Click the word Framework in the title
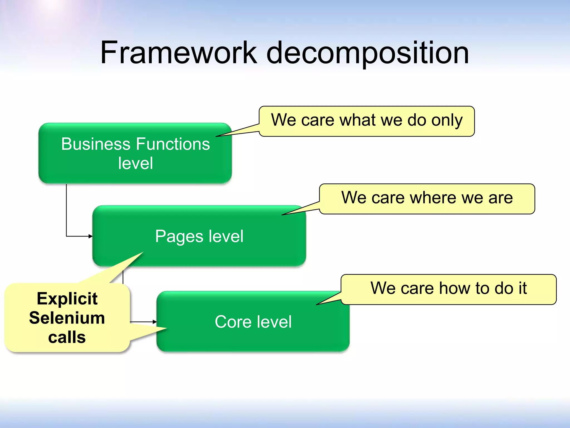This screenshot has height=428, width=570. pyautogui.click(x=178, y=53)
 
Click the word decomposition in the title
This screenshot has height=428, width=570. pyautogui.click(x=368, y=53)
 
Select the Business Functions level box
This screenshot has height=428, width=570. pyautogui.click(x=135, y=153)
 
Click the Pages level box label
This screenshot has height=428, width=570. pyautogui.click(x=199, y=236)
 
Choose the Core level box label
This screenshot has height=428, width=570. pyautogui.click(x=253, y=322)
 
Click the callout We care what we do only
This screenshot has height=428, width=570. pyautogui.click(x=367, y=121)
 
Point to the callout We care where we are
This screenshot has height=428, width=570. pyautogui.click(x=427, y=198)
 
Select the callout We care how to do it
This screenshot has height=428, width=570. pyautogui.click(x=448, y=289)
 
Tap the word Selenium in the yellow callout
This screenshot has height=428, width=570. pyautogui.click(x=67, y=318)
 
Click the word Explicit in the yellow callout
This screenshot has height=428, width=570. pyautogui.click(x=67, y=299)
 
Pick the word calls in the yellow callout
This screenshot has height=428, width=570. pyautogui.click(x=67, y=337)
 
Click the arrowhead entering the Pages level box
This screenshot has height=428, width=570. pyautogui.click(x=91, y=236)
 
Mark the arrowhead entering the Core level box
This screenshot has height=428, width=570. pyautogui.click(x=155, y=322)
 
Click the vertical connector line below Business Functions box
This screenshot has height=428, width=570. pyautogui.click(x=66, y=209)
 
